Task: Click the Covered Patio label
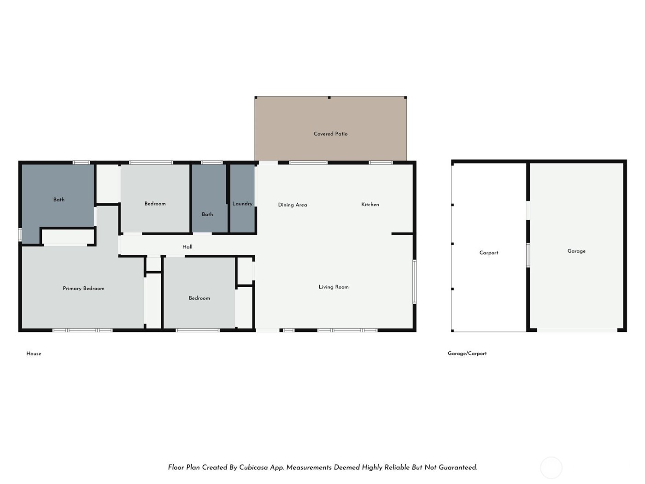(x=330, y=134)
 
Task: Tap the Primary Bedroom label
(x=83, y=289)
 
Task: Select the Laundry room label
(x=242, y=204)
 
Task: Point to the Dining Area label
(x=292, y=205)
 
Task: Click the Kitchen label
(x=370, y=204)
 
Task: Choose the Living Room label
(x=334, y=287)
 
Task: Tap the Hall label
(x=187, y=247)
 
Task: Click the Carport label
(x=488, y=253)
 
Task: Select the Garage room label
(x=576, y=251)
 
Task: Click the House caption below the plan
(x=34, y=354)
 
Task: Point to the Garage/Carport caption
(x=467, y=354)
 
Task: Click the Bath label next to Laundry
(x=207, y=214)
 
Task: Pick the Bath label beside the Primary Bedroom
(x=59, y=200)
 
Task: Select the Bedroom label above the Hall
(x=155, y=204)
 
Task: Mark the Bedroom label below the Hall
(x=199, y=298)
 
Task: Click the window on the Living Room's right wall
(x=414, y=281)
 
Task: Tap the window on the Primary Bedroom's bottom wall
(x=82, y=330)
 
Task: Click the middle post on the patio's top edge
(x=329, y=98)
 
